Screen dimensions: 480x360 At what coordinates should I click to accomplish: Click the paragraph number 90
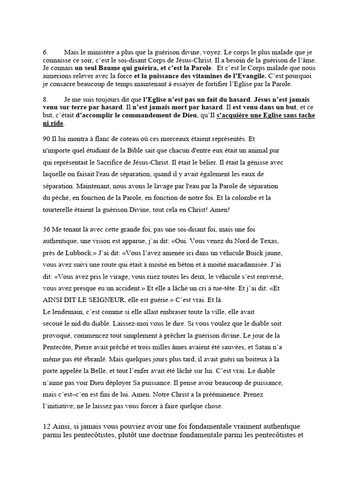(x=46, y=140)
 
